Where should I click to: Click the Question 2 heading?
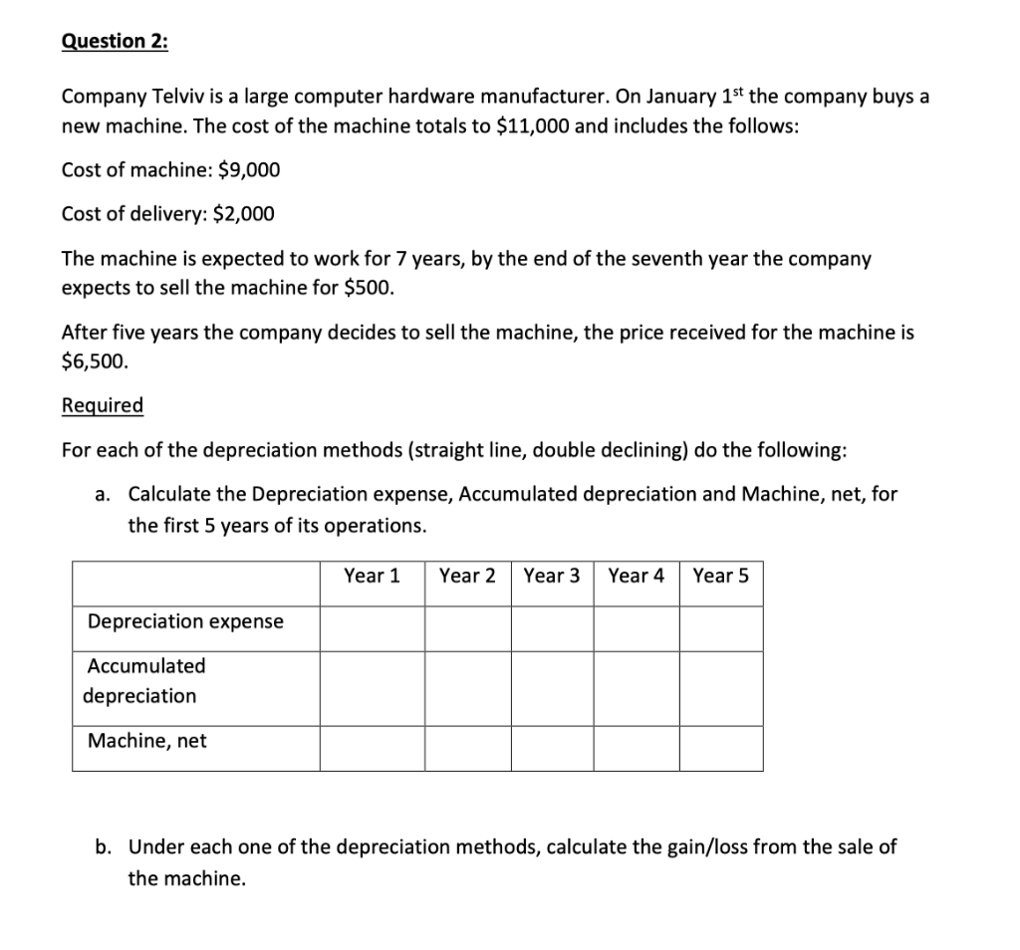pos(115,41)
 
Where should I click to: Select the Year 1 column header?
pos(372,576)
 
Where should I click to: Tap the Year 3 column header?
pos(552,576)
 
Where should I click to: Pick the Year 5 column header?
pos(721,576)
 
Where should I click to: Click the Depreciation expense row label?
pos(185,621)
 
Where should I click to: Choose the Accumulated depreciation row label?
pos(145,680)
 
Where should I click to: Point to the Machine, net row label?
pos(147,740)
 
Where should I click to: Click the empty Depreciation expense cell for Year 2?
pos(467,628)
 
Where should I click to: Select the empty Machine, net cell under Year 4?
pos(637,748)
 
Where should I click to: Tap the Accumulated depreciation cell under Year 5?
pos(721,688)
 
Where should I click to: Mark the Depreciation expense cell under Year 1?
pos(372,628)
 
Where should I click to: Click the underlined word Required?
pos(103,405)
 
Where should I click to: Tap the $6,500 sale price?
pos(94,362)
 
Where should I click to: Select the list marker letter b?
pos(103,847)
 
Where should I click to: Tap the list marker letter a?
pos(103,494)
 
